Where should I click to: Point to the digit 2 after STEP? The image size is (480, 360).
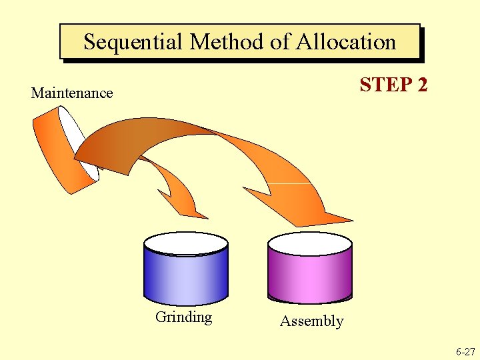tap(421, 85)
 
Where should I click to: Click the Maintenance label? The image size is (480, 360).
tap(72, 93)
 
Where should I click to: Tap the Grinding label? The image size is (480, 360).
tap(183, 317)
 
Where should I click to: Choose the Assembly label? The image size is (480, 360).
tap(311, 321)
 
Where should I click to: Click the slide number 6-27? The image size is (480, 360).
tap(465, 351)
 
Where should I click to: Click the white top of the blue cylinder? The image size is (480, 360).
tap(186, 243)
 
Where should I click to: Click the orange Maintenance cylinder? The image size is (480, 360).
tap(57, 150)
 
